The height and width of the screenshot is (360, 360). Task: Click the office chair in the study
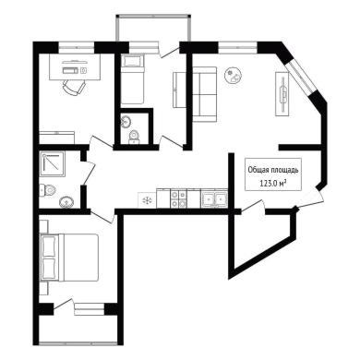click(74, 87)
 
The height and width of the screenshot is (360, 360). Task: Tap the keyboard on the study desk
click(71, 70)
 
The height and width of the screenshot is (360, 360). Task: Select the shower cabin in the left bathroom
click(53, 164)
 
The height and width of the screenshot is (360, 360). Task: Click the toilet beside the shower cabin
click(47, 190)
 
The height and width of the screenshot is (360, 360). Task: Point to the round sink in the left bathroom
click(66, 202)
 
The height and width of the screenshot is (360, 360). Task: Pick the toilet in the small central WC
click(134, 137)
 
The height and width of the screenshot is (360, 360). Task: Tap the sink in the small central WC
click(126, 121)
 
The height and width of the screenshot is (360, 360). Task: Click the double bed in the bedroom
click(69, 258)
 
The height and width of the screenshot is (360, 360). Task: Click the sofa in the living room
click(205, 93)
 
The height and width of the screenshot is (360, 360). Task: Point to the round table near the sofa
click(233, 75)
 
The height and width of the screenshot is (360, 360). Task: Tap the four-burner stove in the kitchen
click(179, 198)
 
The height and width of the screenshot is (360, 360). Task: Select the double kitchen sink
click(214, 198)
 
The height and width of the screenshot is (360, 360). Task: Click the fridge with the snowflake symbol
click(147, 200)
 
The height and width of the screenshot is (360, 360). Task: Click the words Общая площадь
click(273, 170)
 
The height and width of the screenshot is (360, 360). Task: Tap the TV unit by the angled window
click(282, 93)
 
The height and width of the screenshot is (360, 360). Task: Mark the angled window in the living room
click(301, 77)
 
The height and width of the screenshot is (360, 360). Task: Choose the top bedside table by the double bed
click(44, 226)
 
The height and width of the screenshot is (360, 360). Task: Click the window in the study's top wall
click(77, 48)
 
